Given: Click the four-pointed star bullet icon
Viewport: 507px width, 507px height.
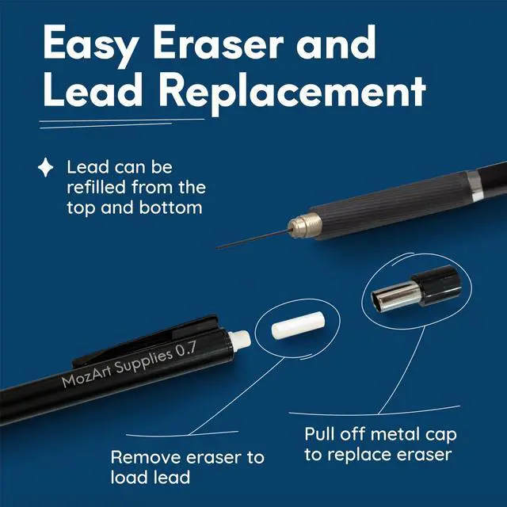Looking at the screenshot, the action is point(46,167).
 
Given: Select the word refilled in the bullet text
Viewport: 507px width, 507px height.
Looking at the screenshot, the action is point(96,187).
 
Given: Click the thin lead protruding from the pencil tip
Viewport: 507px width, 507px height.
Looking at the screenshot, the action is point(253,239).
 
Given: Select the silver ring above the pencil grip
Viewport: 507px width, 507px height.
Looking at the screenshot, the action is point(475,185).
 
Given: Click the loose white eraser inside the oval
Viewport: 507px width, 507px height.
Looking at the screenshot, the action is point(298,326).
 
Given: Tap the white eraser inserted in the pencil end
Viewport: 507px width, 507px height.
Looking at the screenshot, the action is point(239,341).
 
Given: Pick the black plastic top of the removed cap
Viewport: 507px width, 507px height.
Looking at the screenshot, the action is point(436,285).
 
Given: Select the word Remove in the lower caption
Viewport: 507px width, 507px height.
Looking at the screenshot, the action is point(146,458).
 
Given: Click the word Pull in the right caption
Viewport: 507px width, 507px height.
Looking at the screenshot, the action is point(318,434).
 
